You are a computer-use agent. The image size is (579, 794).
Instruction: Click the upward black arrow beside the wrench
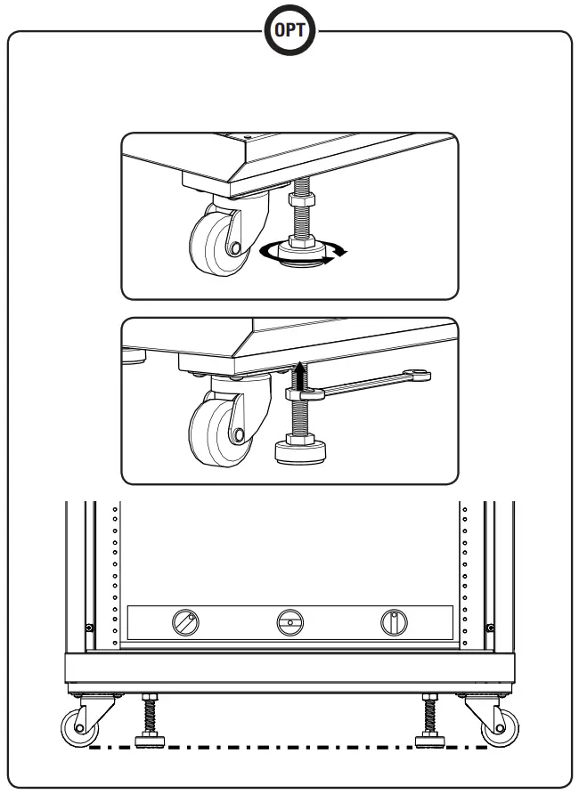click(300, 374)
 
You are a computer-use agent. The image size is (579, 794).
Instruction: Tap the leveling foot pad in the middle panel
click(300, 452)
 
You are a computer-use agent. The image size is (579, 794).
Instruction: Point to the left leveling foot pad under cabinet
click(148, 738)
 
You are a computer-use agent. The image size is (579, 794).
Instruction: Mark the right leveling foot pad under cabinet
click(430, 738)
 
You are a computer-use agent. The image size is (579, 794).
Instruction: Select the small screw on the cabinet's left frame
click(89, 628)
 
